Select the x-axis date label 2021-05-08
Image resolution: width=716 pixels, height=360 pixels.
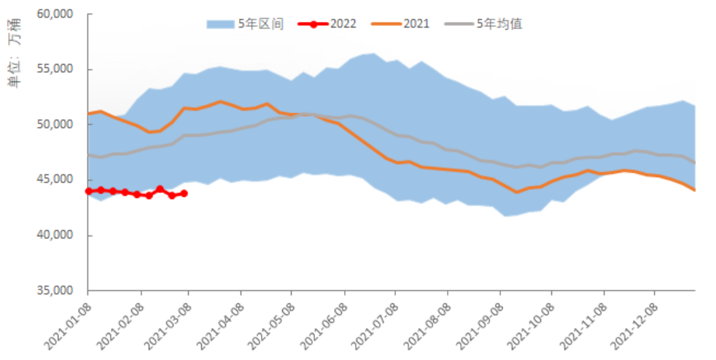[x=267, y=321]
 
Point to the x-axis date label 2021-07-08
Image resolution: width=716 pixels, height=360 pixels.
[x=371, y=321]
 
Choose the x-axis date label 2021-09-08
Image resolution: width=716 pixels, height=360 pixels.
[x=476, y=321]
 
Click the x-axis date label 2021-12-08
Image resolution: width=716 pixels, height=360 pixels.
[x=631, y=321]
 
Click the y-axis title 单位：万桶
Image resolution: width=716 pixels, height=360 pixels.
[x=14, y=62]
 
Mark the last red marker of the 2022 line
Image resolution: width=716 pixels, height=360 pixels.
[x=184, y=193]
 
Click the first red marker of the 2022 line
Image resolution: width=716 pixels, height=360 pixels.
[x=88, y=191]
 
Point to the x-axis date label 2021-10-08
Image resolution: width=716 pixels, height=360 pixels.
[x=527, y=321]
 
